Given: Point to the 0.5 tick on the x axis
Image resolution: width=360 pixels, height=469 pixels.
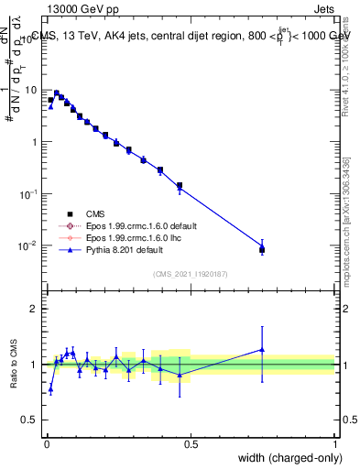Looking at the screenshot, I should [191, 444].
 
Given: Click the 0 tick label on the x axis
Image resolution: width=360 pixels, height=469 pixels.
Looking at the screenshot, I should [47, 444].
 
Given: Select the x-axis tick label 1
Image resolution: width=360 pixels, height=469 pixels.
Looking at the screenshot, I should [334, 444].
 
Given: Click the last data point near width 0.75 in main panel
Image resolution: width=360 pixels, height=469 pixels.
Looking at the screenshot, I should [262, 249].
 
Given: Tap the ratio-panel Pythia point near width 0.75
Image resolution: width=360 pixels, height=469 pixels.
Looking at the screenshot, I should [262, 349].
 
